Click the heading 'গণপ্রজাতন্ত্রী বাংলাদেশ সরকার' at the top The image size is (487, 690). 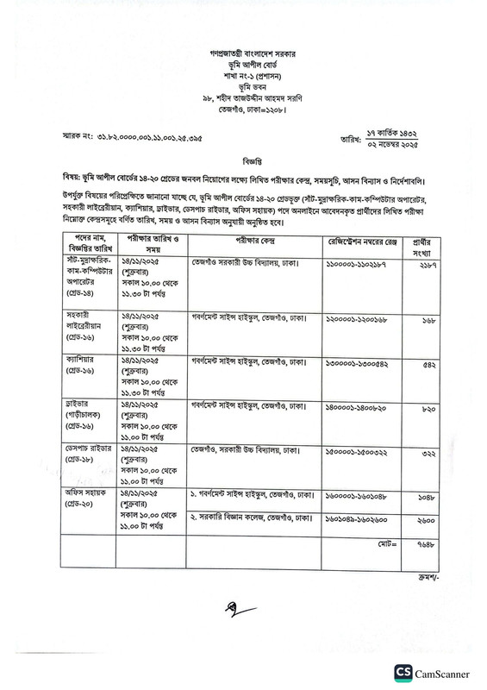pos(243,52)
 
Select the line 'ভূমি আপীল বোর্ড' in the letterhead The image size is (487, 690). pos(243,64)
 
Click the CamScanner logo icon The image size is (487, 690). pos(404,671)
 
